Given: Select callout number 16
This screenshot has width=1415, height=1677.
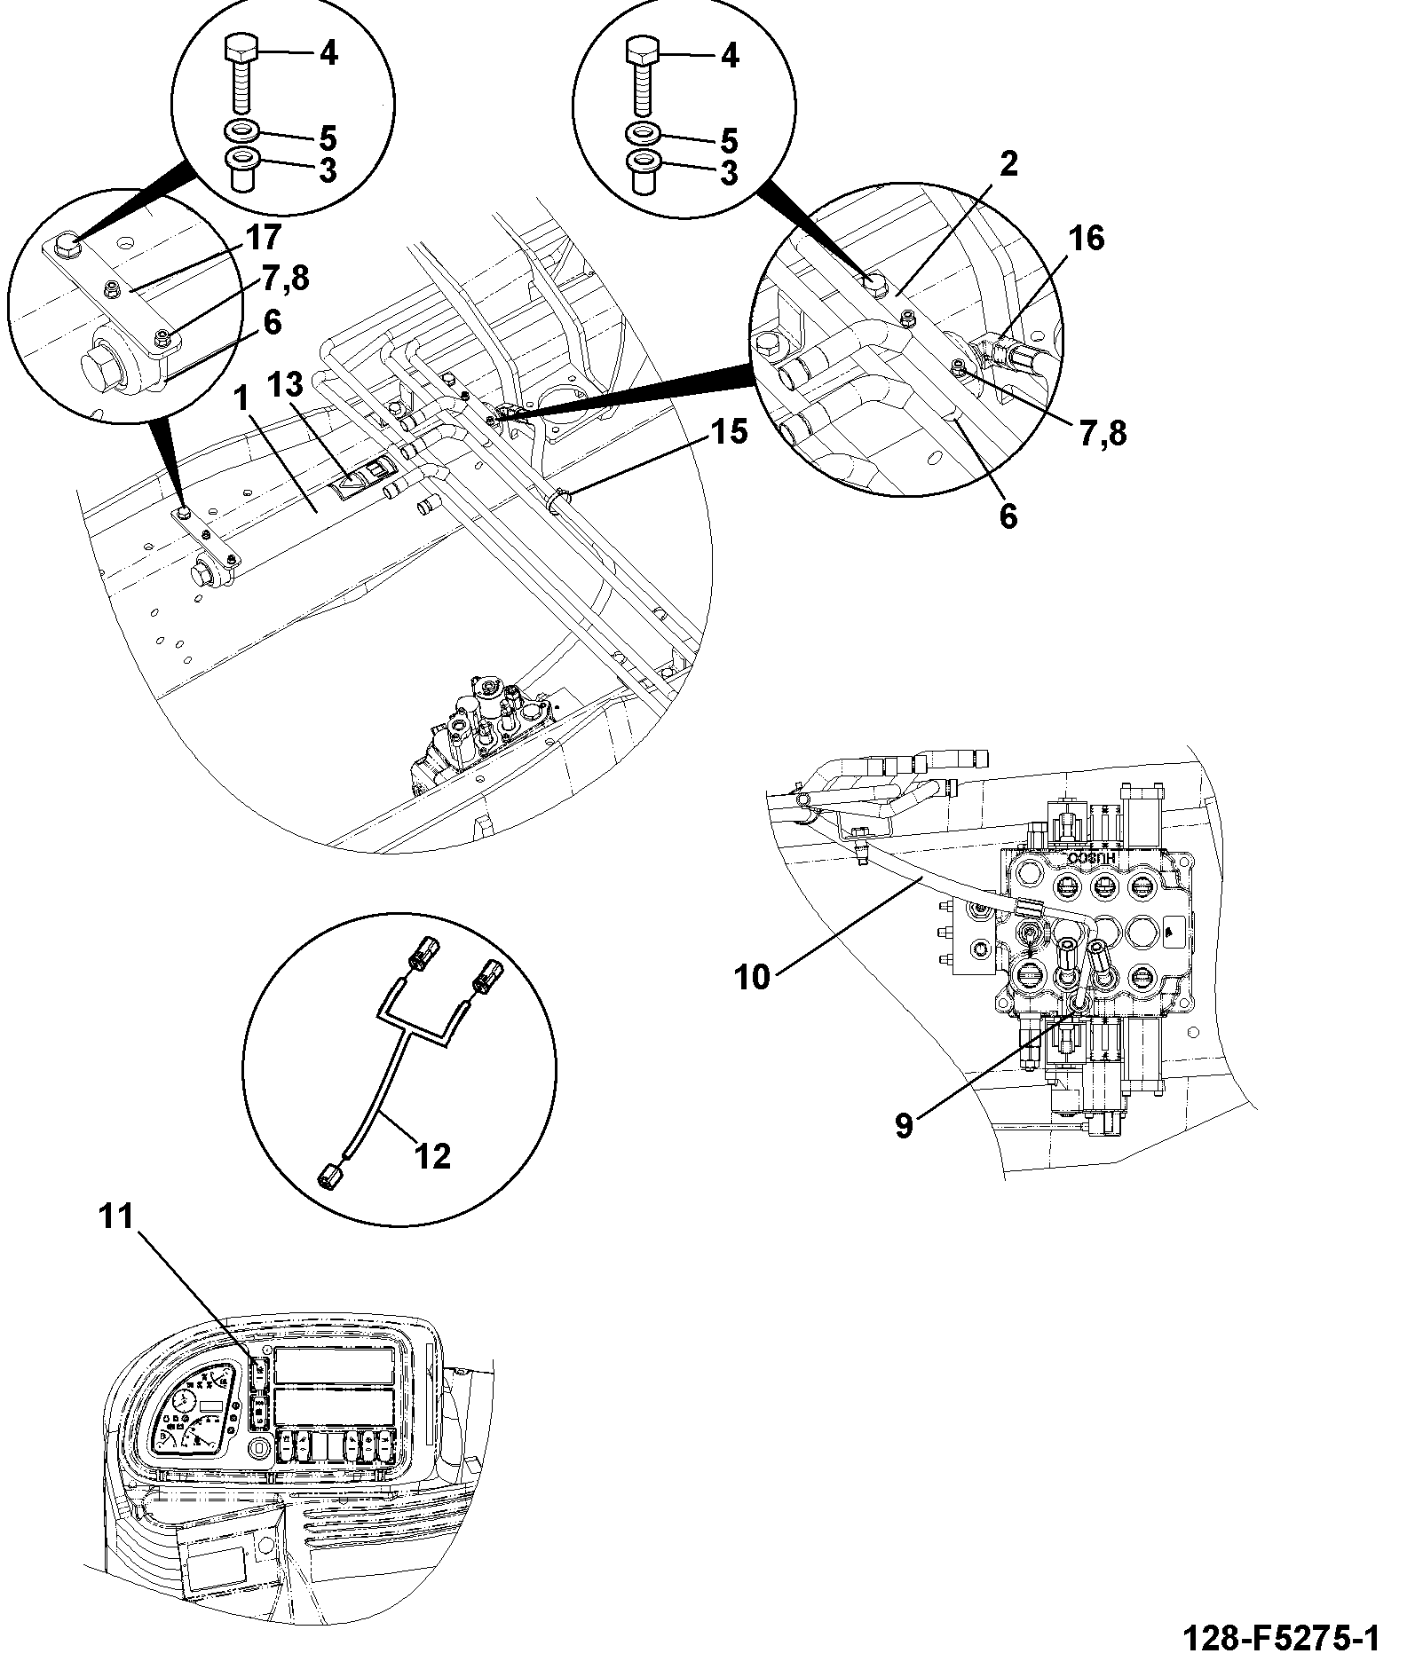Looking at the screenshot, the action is coord(1088,238).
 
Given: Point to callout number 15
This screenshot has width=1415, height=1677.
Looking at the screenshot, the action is coord(729,432).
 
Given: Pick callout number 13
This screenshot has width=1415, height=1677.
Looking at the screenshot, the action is coord(286,385).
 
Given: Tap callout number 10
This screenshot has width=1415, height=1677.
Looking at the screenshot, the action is coord(754,978).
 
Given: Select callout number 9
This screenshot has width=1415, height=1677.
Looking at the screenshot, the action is coord(904,1127).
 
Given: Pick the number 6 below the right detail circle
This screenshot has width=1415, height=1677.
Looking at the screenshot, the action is coord(1008,516).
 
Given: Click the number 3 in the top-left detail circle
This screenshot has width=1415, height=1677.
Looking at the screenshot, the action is coord(328,170).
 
